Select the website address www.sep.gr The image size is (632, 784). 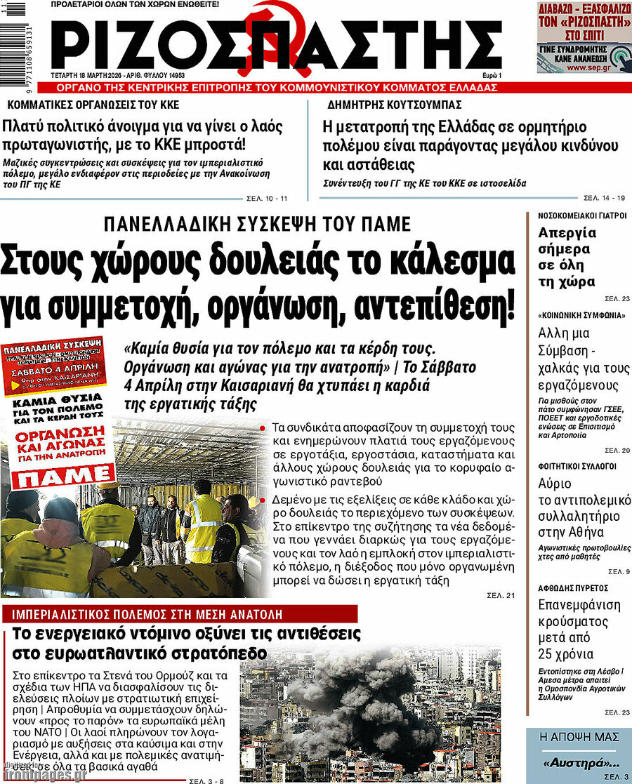pos(596,68)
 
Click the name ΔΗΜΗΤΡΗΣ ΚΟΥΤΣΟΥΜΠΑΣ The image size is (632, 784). pos(394,105)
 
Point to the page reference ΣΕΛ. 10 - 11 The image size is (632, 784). pos(268,198)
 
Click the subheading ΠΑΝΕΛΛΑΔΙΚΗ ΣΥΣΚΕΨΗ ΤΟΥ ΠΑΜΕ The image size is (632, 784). pos(256,224)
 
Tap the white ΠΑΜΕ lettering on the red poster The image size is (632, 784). pos(56,477)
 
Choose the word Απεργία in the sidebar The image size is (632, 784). pos(567,233)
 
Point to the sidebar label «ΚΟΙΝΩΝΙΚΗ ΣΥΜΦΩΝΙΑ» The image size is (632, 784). pos(572,316)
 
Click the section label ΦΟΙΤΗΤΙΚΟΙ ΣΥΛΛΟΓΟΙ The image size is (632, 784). pos(567,465)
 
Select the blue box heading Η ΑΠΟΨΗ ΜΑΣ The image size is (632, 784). pos(579,737)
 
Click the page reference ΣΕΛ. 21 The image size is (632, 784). pos(501,596)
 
